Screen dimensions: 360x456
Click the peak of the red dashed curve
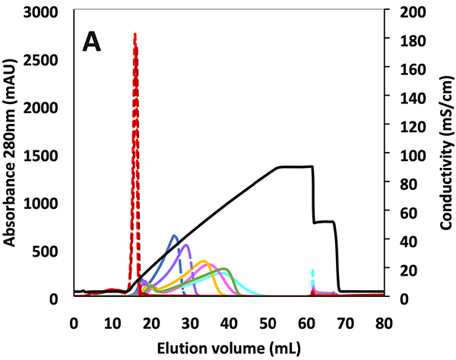coord(135,35)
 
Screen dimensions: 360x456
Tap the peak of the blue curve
coord(174,235)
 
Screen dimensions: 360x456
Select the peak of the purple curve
coord(185,245)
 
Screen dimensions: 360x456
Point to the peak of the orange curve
coord(203,261)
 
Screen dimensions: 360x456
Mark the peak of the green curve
coord(223,269)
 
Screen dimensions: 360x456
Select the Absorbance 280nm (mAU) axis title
coord(12,156)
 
